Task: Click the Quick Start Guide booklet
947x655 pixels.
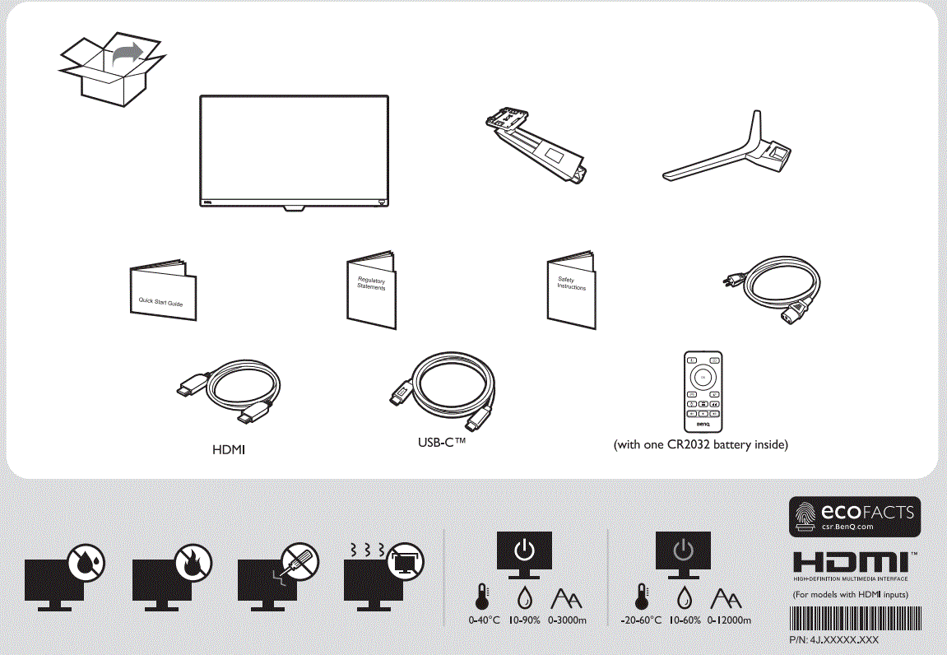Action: tap(163, 293)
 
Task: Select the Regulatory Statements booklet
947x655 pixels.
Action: tap(371, 292)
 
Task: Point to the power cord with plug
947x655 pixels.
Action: tap(769, 293)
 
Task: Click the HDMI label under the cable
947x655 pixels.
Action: tap(230, 450)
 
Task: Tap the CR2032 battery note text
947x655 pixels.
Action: tap(701, 445)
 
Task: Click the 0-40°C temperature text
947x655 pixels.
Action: tap(485, 620)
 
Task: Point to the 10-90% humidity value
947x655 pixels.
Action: tap(524, 620)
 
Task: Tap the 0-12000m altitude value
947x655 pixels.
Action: tap(729, 620)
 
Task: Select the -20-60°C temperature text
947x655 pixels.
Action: tap(641, 620)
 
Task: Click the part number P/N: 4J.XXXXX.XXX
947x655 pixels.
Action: tap(833, 639)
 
